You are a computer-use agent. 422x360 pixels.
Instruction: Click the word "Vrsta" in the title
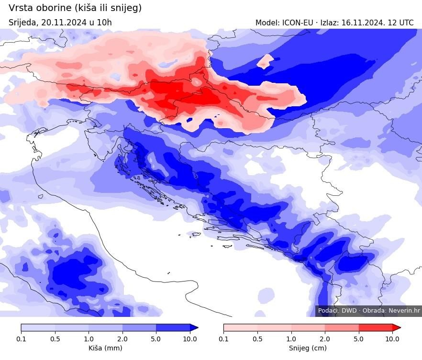click(x=21, y=8)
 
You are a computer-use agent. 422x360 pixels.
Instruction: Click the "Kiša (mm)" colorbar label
click(x=105, y=348)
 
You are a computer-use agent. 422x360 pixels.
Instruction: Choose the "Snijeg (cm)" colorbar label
click(x=308, y=348)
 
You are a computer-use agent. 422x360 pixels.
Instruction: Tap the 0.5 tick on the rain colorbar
click(x=55, y=339)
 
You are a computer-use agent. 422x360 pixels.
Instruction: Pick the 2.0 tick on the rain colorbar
click(x=122, y=339)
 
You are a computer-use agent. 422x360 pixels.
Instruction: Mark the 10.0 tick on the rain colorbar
click(x=190, y=339)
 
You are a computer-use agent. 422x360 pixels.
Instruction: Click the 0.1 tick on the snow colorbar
click(x=223, y=339)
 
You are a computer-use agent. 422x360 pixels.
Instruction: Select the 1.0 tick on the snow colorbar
click(x=291, y=339)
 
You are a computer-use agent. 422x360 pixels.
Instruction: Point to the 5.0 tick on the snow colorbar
click(x=359, y=339)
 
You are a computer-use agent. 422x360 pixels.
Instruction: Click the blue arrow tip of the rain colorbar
click(x=194, y=327)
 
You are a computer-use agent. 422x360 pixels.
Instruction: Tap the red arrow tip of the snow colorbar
click(x=397, y=327)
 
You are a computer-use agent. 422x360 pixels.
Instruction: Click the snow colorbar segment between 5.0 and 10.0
click(x=376, y=327)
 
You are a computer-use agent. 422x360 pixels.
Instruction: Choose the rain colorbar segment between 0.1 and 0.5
click(x=38, y=327)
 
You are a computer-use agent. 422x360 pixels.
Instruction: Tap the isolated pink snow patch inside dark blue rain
click(x=265, y=61)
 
